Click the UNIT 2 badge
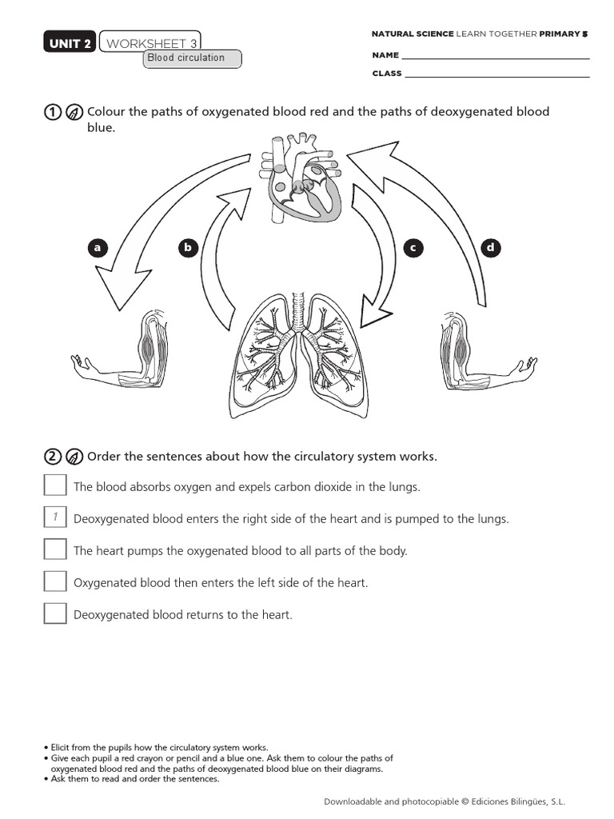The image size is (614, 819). (x=70, y=43)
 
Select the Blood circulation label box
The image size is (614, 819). (x=192, y=58)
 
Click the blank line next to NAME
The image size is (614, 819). (x=495, y=57)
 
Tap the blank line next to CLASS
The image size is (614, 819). (x=496, y=74)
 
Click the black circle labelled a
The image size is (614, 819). (x=98, y=248)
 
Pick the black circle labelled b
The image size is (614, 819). (x=188, y=248)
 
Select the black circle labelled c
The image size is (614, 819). (x=413, y=248)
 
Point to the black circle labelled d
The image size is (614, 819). (x=490, y=248)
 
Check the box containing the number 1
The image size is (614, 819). (x=55, y=517)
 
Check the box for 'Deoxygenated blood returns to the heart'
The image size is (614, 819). (x=55, y=613)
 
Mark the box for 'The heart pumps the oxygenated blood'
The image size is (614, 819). (x=55, y=549)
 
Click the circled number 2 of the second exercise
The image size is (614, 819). (x=52, y=457)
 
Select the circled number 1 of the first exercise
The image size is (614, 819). (x=52, y=112)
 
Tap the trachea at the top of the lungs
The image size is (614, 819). (x=299, y=311)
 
